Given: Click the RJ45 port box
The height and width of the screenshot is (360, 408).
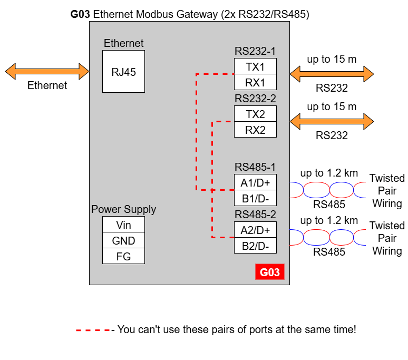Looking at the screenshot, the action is (123, 72).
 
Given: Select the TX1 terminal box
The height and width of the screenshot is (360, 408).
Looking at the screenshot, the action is (255, 66).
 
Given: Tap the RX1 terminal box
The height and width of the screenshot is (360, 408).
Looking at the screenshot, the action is (255, 82).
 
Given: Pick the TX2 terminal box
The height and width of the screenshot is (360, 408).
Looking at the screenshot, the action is (255, 114).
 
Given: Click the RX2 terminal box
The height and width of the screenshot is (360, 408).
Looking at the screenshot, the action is (255, 130).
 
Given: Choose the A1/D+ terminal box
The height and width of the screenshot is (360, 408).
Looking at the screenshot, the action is (255, 182).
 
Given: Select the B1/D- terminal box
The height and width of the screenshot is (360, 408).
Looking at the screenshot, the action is (255, 198).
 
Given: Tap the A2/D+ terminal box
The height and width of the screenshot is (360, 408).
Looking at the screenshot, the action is (255, 230).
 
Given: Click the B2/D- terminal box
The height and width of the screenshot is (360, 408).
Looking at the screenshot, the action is (255, 246).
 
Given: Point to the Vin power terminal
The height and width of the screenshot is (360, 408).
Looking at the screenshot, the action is (123, 224).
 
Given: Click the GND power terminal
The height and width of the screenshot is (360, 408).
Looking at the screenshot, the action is (123, 240).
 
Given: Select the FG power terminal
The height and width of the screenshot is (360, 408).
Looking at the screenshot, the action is (123, 256).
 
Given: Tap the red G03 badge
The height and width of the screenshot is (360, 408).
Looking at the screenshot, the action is (270, 272).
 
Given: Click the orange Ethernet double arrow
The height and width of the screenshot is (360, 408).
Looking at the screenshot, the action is (47, 71).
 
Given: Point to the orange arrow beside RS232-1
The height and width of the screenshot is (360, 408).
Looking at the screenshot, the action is (332, 74).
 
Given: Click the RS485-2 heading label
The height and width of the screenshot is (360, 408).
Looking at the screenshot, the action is (255, 215).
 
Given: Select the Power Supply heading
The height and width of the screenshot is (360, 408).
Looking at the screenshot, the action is (123, 209).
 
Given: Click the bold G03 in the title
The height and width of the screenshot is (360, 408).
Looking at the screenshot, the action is (80, 14).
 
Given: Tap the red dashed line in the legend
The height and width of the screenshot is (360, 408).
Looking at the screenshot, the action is (93, 330).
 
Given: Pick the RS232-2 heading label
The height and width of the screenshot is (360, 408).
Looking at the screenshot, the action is (255, 99).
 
